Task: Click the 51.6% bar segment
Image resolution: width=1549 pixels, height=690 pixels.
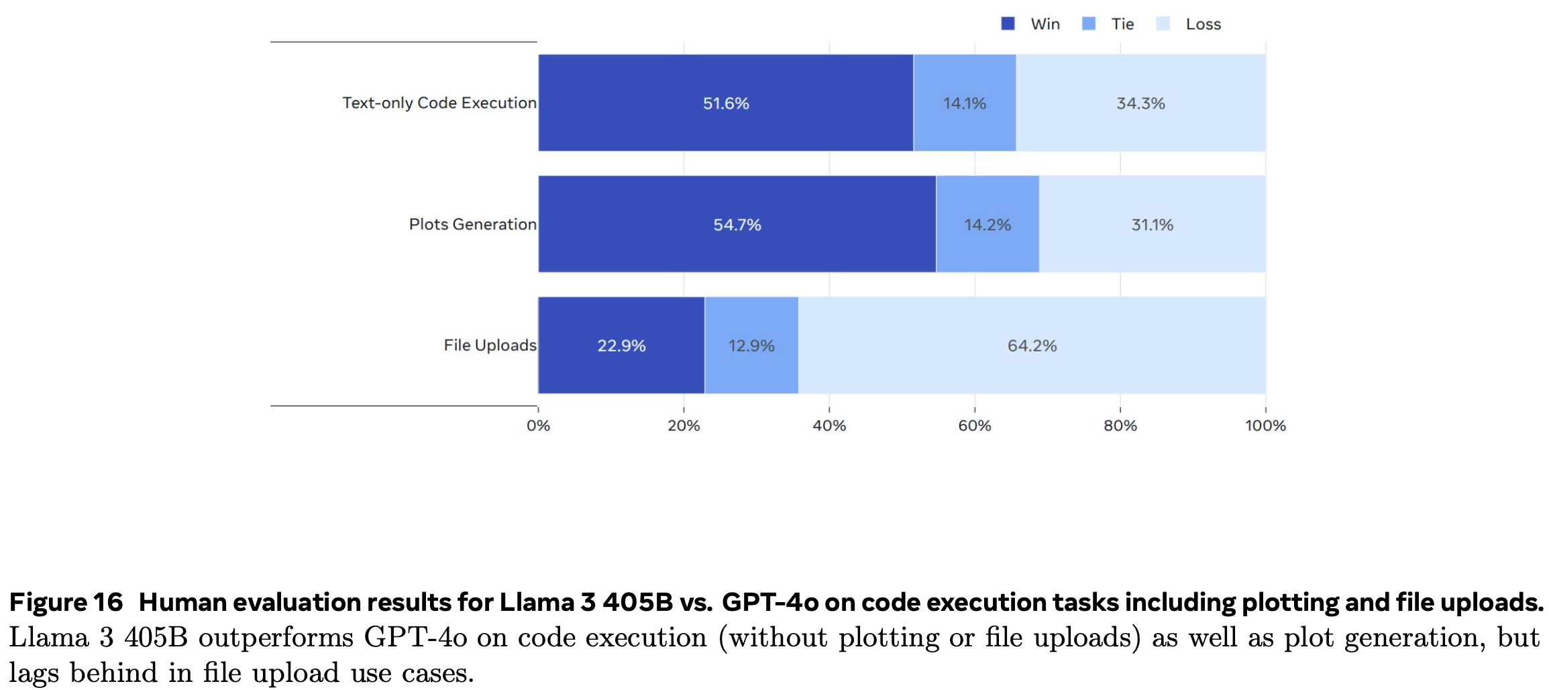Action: [x=725, y=103]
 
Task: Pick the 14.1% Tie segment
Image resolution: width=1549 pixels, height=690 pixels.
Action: [x=964, y=103]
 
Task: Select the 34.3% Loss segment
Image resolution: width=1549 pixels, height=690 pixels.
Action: [x=1140, y=103]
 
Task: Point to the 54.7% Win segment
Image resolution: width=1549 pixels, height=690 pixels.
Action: [x=737, y=225]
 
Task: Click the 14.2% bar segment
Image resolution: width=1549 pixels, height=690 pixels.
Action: [x=987, y=225]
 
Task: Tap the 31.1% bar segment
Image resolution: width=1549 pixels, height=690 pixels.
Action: [x=1152, y=225]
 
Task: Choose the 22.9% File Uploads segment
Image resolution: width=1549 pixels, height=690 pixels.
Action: [x=621, y=345]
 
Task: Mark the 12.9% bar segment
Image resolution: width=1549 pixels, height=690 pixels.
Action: [x=751, y=345]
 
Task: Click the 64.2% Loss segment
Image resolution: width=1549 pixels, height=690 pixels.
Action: [x=1032, y=345]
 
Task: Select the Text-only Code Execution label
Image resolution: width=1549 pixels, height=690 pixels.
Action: [x=439, y=103]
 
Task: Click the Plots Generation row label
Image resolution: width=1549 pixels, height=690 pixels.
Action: [x=472, y=224]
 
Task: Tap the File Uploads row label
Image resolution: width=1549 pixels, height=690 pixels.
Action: [x=490, y=345]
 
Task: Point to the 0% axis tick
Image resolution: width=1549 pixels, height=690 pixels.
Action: [x=538, y=425]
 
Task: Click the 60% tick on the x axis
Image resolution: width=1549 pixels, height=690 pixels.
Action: [x=974, y=425]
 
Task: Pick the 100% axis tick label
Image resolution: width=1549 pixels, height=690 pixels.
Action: [x=1265, y=425]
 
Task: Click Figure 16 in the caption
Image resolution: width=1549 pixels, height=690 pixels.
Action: [x=66, y=602]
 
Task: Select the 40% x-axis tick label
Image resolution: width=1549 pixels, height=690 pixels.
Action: [x=829, y=425]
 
